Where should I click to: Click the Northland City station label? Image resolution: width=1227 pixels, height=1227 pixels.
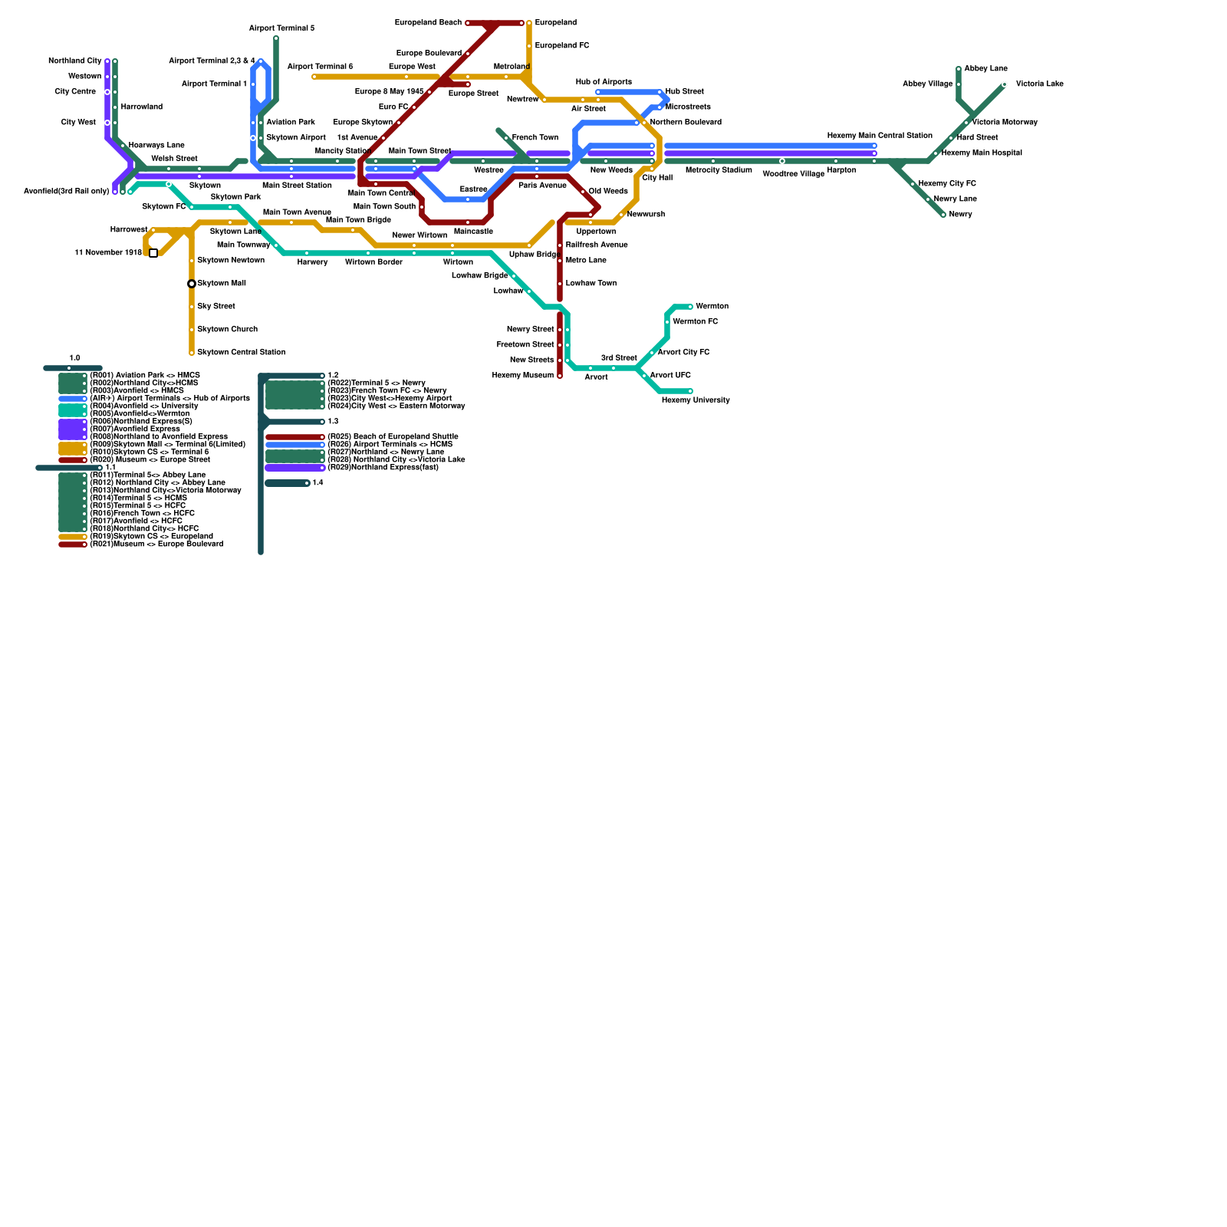74,61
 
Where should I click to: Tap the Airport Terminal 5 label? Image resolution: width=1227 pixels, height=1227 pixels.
281,28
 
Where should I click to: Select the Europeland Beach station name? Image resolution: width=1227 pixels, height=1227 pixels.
428,23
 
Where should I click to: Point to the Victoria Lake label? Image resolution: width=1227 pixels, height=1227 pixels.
1039,84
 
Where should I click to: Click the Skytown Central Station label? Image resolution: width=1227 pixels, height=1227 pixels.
241,353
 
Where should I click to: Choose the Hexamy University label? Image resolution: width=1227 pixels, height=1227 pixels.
695,400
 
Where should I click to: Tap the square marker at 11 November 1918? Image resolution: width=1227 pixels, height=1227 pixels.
153,253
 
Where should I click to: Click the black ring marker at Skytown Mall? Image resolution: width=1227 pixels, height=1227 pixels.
192,284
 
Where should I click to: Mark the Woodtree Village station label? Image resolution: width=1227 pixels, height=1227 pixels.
793,174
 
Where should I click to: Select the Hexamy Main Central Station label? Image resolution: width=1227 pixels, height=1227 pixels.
879,136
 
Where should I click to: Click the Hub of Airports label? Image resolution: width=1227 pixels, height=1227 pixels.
604,82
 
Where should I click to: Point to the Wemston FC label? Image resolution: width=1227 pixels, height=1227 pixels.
695,322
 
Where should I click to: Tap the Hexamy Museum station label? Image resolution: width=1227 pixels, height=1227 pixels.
522,376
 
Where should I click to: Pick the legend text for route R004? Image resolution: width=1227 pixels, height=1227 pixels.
143,406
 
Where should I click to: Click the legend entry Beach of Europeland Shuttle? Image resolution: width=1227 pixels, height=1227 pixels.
393,437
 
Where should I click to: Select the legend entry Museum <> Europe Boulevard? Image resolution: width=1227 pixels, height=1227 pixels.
156,544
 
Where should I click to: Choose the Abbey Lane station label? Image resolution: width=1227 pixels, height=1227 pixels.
985,69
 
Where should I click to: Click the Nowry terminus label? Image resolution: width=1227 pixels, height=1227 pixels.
960,215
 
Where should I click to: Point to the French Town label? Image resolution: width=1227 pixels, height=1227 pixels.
535,138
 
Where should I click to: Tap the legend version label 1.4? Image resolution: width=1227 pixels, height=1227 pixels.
317,483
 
